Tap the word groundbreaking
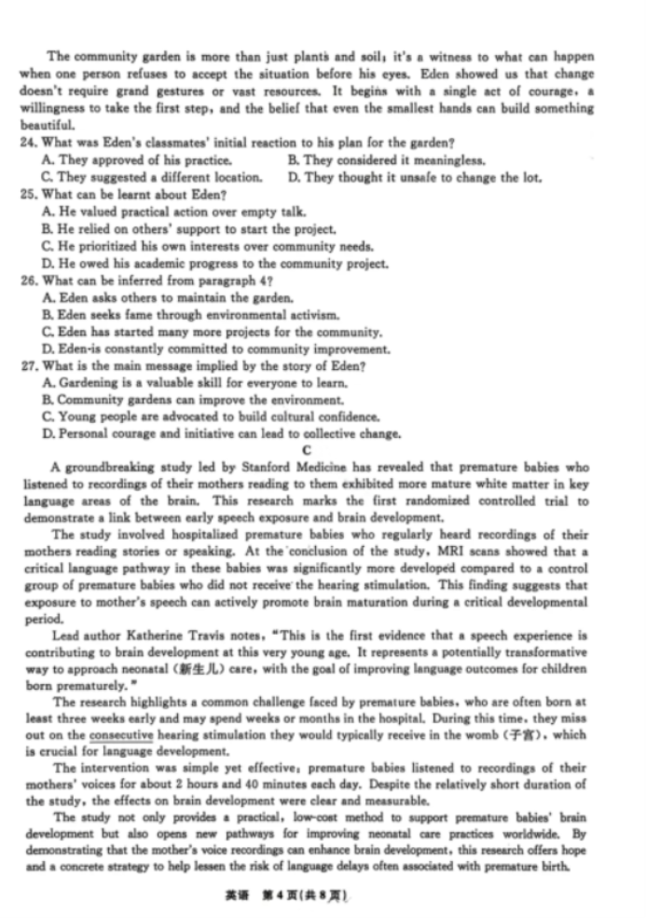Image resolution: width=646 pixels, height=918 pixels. [x=107, y=467]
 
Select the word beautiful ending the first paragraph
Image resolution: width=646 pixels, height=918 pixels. [x=47, y=126]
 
